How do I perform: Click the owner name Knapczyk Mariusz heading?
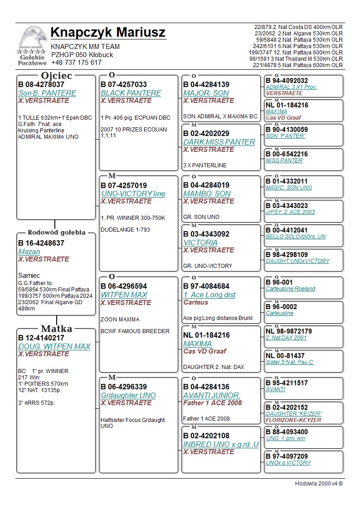[108, 33]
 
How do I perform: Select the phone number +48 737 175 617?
[76, 63]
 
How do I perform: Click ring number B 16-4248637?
[41, 243]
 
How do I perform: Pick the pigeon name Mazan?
[29, 252]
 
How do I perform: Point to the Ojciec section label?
[56, 75]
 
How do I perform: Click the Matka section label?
[56, 329]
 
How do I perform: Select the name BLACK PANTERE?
[131, 93]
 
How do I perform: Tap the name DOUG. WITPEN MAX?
[54, 346]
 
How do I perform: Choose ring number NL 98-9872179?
[289, 331]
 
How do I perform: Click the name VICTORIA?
[200, 242]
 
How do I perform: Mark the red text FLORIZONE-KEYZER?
[293, 420]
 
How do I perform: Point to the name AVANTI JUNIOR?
[212, 395]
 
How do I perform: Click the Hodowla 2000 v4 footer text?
[319, 483]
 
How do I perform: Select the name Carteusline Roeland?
[290, 289]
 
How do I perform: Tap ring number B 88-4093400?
[287, 432]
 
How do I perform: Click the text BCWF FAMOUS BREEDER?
[135, 331]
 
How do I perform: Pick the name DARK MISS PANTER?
[219, 142]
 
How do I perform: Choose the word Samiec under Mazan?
[29, 275]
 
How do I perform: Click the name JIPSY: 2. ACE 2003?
[290, 212]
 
